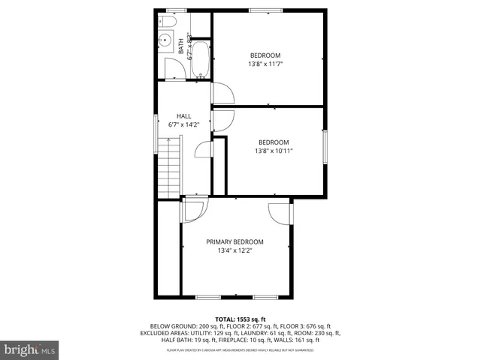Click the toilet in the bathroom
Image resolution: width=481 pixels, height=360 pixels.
pyautogui.click(x=167, y=24)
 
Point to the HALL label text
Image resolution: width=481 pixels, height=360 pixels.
pyautogui.click(x=183, y=115)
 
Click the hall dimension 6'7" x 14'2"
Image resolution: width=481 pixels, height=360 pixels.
pyautogui.click(x=183, y=124)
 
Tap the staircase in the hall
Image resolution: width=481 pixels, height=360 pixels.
pyautogui.click(x=171, y=169)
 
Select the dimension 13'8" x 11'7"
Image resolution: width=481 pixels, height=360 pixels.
pyautogui.click(x=265, y=64)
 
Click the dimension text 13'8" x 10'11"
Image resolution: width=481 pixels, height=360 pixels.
pyautogui.click(x=274, y=151)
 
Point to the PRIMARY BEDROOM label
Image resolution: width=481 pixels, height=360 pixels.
pyautogui.click(x=234, y=241)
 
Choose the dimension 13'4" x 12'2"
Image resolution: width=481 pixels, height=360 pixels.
pyautogui.click(x=234, y=250)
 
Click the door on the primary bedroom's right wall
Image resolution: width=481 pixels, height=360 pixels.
pyautogui.click(x=280, y=213)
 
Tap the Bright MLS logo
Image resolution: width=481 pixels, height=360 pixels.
pyautogui.click(x=30, y=349)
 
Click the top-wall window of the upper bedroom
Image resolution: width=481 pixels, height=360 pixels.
pyautogui.click(x=261, y=10)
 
